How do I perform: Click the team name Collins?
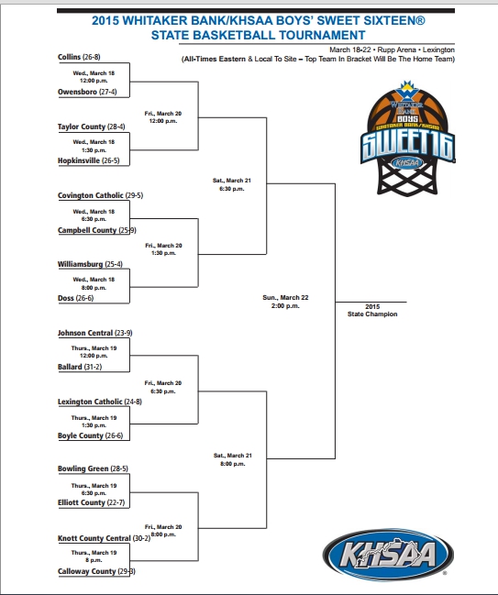tap(69, 57)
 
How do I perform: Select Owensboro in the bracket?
tap(77, 92)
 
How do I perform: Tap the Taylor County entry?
tap(82, 127)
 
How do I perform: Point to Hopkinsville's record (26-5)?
tap(111, 160)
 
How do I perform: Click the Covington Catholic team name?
tap(91, 195)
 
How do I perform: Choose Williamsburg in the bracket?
tap(80, 264)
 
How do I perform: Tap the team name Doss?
tap(66, 298)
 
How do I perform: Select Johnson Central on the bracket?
tap(85, 333)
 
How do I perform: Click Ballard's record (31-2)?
tap(93, 367)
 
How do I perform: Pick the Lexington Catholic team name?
tap(90, 402)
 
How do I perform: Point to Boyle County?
tap(81, 435)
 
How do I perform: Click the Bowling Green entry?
tap(83, 468)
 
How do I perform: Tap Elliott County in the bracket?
tap(82, 502)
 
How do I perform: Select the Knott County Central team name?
tap(94, 538)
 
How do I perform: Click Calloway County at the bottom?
tap(86, 571)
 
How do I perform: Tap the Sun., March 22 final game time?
tap(285, 302)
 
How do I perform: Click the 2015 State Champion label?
tap(372, 311)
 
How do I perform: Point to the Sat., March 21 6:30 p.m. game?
tap(231, 184)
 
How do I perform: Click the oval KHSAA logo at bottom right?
tap(388, 555)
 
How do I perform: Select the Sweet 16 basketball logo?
tap(407, 138)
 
